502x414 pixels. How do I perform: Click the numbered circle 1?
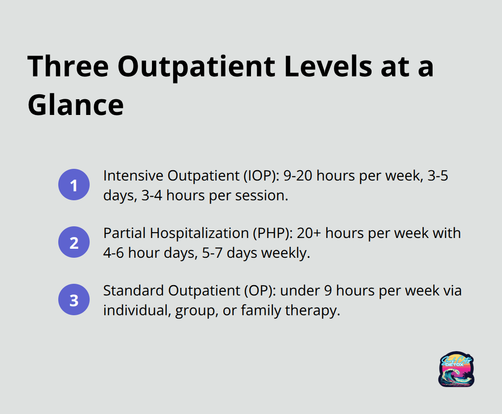(74, 185)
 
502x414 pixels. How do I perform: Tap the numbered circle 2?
(74, 242)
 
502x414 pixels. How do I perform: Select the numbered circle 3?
(74, 299)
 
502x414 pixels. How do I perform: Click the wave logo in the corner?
(456, 369)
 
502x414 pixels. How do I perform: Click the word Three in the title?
(68, 67)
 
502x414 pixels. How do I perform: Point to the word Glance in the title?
(76, 105)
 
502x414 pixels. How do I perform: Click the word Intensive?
(134, 176)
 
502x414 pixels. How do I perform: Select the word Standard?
(134, 291)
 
